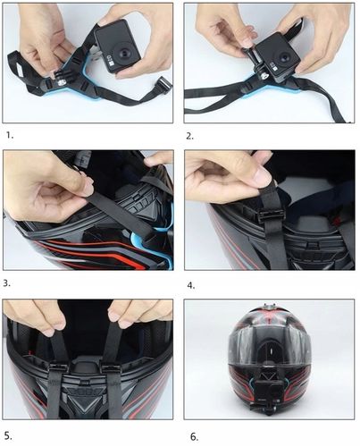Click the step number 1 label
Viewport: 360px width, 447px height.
point(9,137)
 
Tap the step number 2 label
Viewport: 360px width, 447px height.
point(189,137)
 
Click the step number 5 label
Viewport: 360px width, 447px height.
point(9,435)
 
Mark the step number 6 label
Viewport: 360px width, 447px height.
point(191,435)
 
